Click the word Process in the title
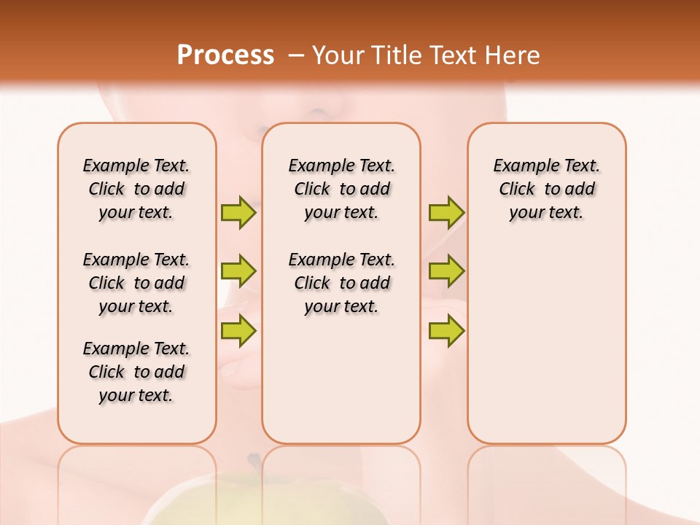(x=225, y=55)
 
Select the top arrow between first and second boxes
(x=238, y=212)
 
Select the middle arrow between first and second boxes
(x=238, y=271)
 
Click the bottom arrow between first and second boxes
(x=238, y=330)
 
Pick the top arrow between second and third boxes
(x=446, y=212)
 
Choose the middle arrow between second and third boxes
(x=446, y=271)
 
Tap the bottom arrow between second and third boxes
(x=446, y=330)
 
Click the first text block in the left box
(x=136, y=189)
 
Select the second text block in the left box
(x=136, y=283)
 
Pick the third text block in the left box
(x=136, y=372)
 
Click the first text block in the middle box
(x=341, y=189)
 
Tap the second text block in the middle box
(x=341, y=283)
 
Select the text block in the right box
(x=546, y=189)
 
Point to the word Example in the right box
(x=521, y=166)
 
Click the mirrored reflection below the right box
(x=546, y=481)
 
